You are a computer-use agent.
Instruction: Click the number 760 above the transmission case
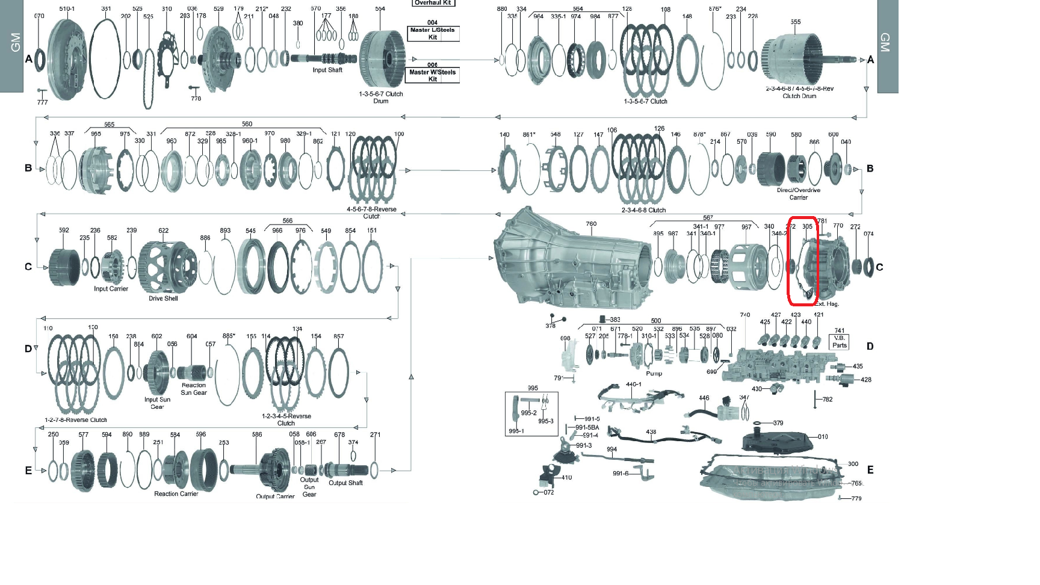coord(591,224)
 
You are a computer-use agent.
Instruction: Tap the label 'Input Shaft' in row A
coord(327,70)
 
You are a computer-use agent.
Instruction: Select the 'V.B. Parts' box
coord(840,342)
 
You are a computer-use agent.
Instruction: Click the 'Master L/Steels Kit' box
coord(433,33)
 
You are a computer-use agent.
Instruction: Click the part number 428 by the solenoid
coord(866,380)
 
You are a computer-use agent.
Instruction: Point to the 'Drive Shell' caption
coord(163,299)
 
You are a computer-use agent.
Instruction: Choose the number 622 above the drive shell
coord(163,231)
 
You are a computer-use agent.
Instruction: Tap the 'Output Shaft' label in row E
coord(345,483)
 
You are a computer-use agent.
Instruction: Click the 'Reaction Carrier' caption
coord(176,494)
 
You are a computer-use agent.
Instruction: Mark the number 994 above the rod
coord(611,450)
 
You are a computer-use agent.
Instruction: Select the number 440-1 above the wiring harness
coord(633,384)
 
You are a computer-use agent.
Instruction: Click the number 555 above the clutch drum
coord(796,22)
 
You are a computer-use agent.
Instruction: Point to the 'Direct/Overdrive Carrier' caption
coord(799,194)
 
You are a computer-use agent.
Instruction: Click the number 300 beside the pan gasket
coord(853,464)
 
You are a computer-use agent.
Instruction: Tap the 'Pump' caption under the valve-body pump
coord(654,374)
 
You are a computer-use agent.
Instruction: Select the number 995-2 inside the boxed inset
coord(528,413)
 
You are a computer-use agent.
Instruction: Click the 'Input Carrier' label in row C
coord(111,289)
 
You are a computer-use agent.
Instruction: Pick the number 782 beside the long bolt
coord(828,400)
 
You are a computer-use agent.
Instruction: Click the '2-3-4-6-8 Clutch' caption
coord(643,211)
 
